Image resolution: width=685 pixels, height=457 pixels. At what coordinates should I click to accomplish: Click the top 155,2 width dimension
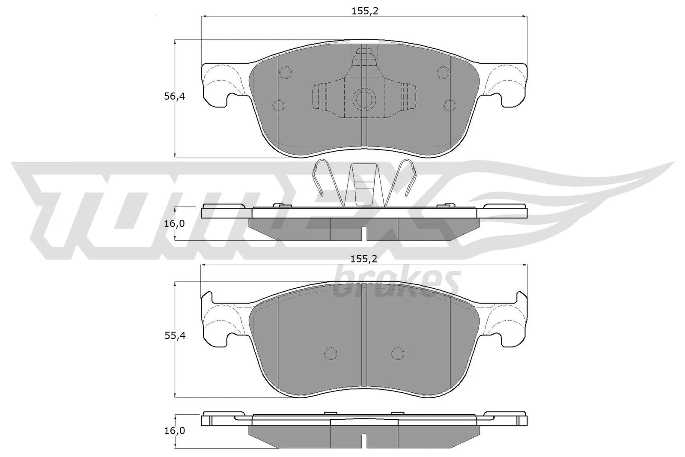pyautogui.click(x=365, y=12)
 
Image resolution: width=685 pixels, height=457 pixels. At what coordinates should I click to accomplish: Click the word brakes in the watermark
pyautogui.click(x=396, y=283)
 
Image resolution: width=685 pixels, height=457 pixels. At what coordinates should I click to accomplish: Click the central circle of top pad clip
pyautogui.click(x=364, y=100)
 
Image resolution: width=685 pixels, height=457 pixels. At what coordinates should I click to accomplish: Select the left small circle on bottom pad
pyautogui.click(x=330, y=352)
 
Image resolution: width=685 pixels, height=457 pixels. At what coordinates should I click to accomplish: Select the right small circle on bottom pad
pyautogui.click(x=398, y=352)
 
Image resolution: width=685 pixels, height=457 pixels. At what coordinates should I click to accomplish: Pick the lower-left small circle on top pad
pyautogui.click(x=278, y=105)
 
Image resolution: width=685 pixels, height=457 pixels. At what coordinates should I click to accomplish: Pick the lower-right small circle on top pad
pyautogui.click(x=450, y=105)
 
